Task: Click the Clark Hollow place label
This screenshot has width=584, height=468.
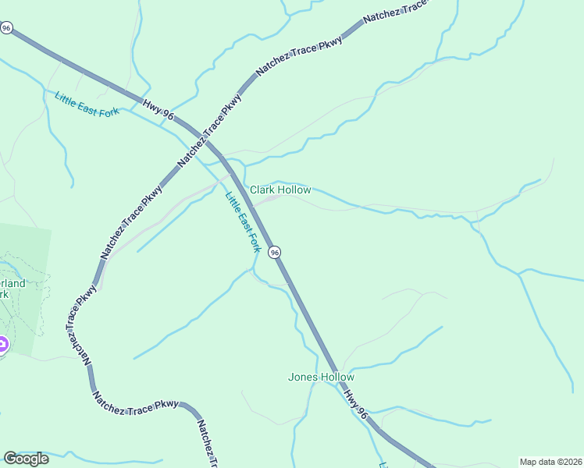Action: tap(280, 190)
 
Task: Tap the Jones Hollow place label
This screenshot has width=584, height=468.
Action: tap(321, 378)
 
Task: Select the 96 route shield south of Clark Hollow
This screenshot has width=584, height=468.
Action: tap(274, 252)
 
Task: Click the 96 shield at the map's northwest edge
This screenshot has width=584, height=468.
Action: tap(7, 28)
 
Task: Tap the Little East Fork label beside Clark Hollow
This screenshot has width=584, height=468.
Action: tap(243, 222)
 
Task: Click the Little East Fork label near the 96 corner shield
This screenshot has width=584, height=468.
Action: tap(87, 104)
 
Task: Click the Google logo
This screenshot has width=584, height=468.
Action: tap(26, 459)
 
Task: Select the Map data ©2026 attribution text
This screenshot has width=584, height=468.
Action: tap(551, 462)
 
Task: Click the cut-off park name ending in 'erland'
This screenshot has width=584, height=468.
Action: tap(13, 283)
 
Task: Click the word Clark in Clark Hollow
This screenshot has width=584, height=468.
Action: tap(264, 190)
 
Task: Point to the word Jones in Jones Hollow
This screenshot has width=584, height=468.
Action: tap(304, 378)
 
